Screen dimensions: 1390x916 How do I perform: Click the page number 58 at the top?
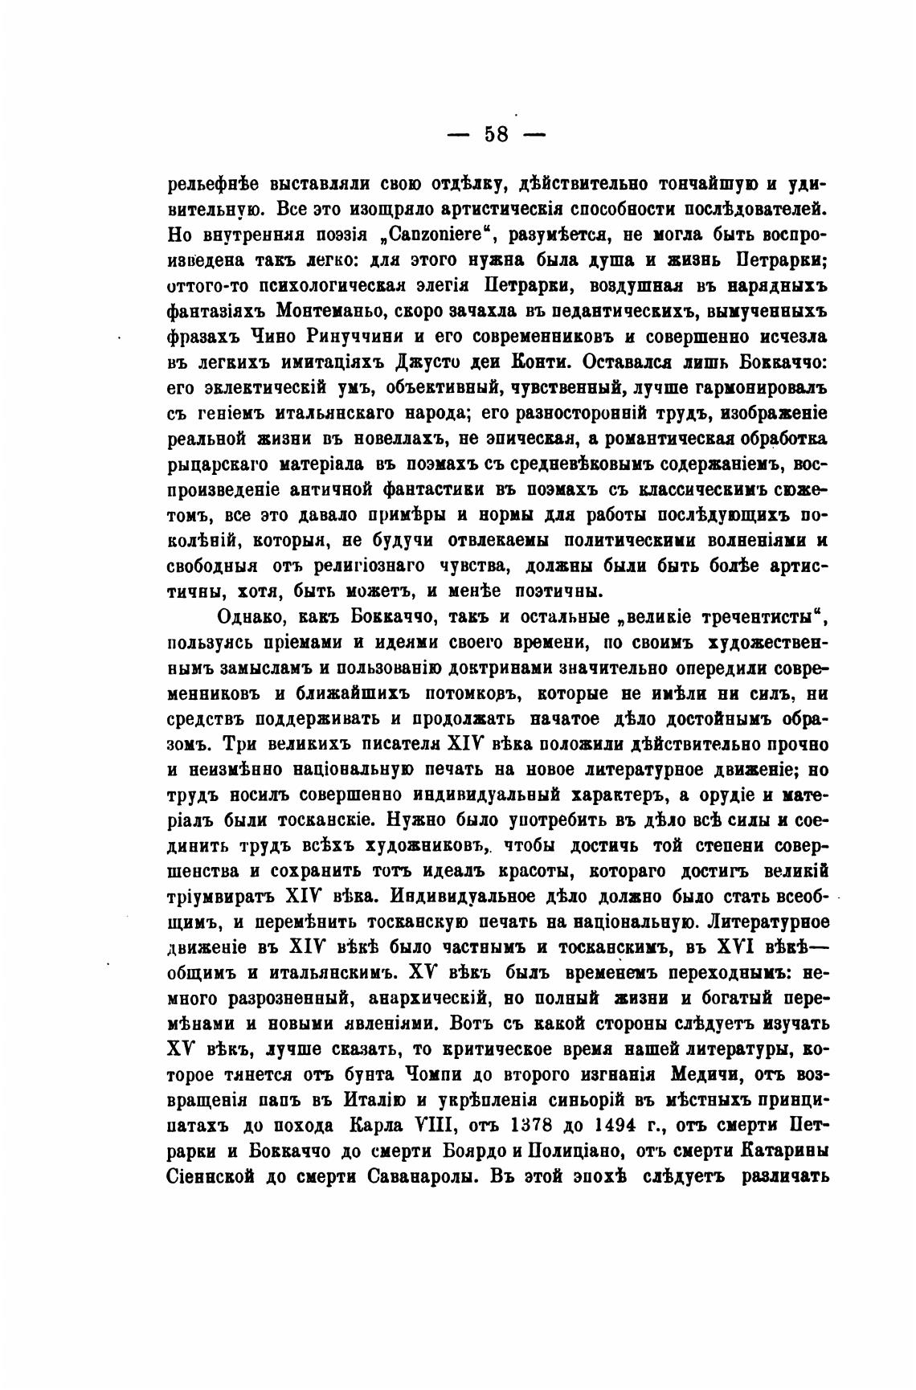pos(496,133)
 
